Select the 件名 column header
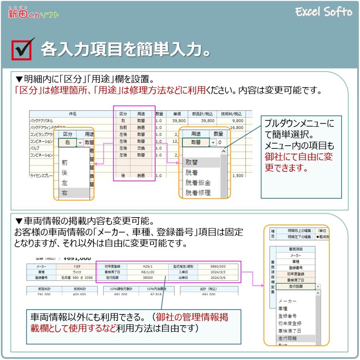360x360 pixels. pyautogui.click(x=72, y=114)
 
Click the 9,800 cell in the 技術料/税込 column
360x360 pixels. pyautogui.click(x=236, y=120)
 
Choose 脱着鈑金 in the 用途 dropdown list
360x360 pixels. pyautogui.click(x=198, y=183)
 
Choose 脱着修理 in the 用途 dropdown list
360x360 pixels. pyautogui.click(x=198, y=193)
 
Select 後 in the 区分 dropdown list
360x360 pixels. pyautogui.click(x=64, y=173)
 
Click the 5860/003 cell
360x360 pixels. pyautogui.click(x=218, y=266)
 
